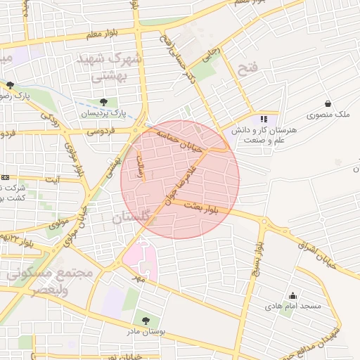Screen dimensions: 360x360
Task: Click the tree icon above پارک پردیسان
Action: tap(104, 102)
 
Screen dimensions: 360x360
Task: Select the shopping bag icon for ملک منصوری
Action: tap(328, 103)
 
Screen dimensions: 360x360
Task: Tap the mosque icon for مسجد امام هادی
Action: tap(292, 296)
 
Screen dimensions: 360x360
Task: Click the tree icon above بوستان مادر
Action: tap(145, 320)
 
